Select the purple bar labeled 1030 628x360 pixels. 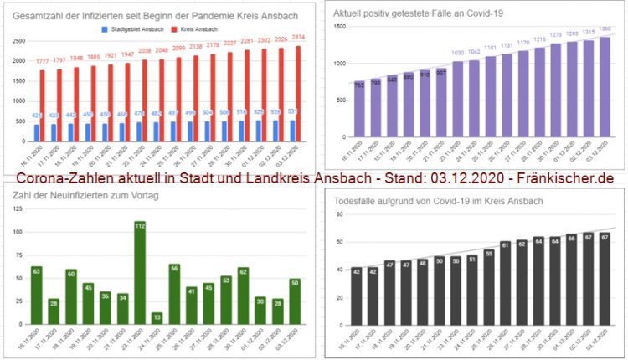click(457, 100)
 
